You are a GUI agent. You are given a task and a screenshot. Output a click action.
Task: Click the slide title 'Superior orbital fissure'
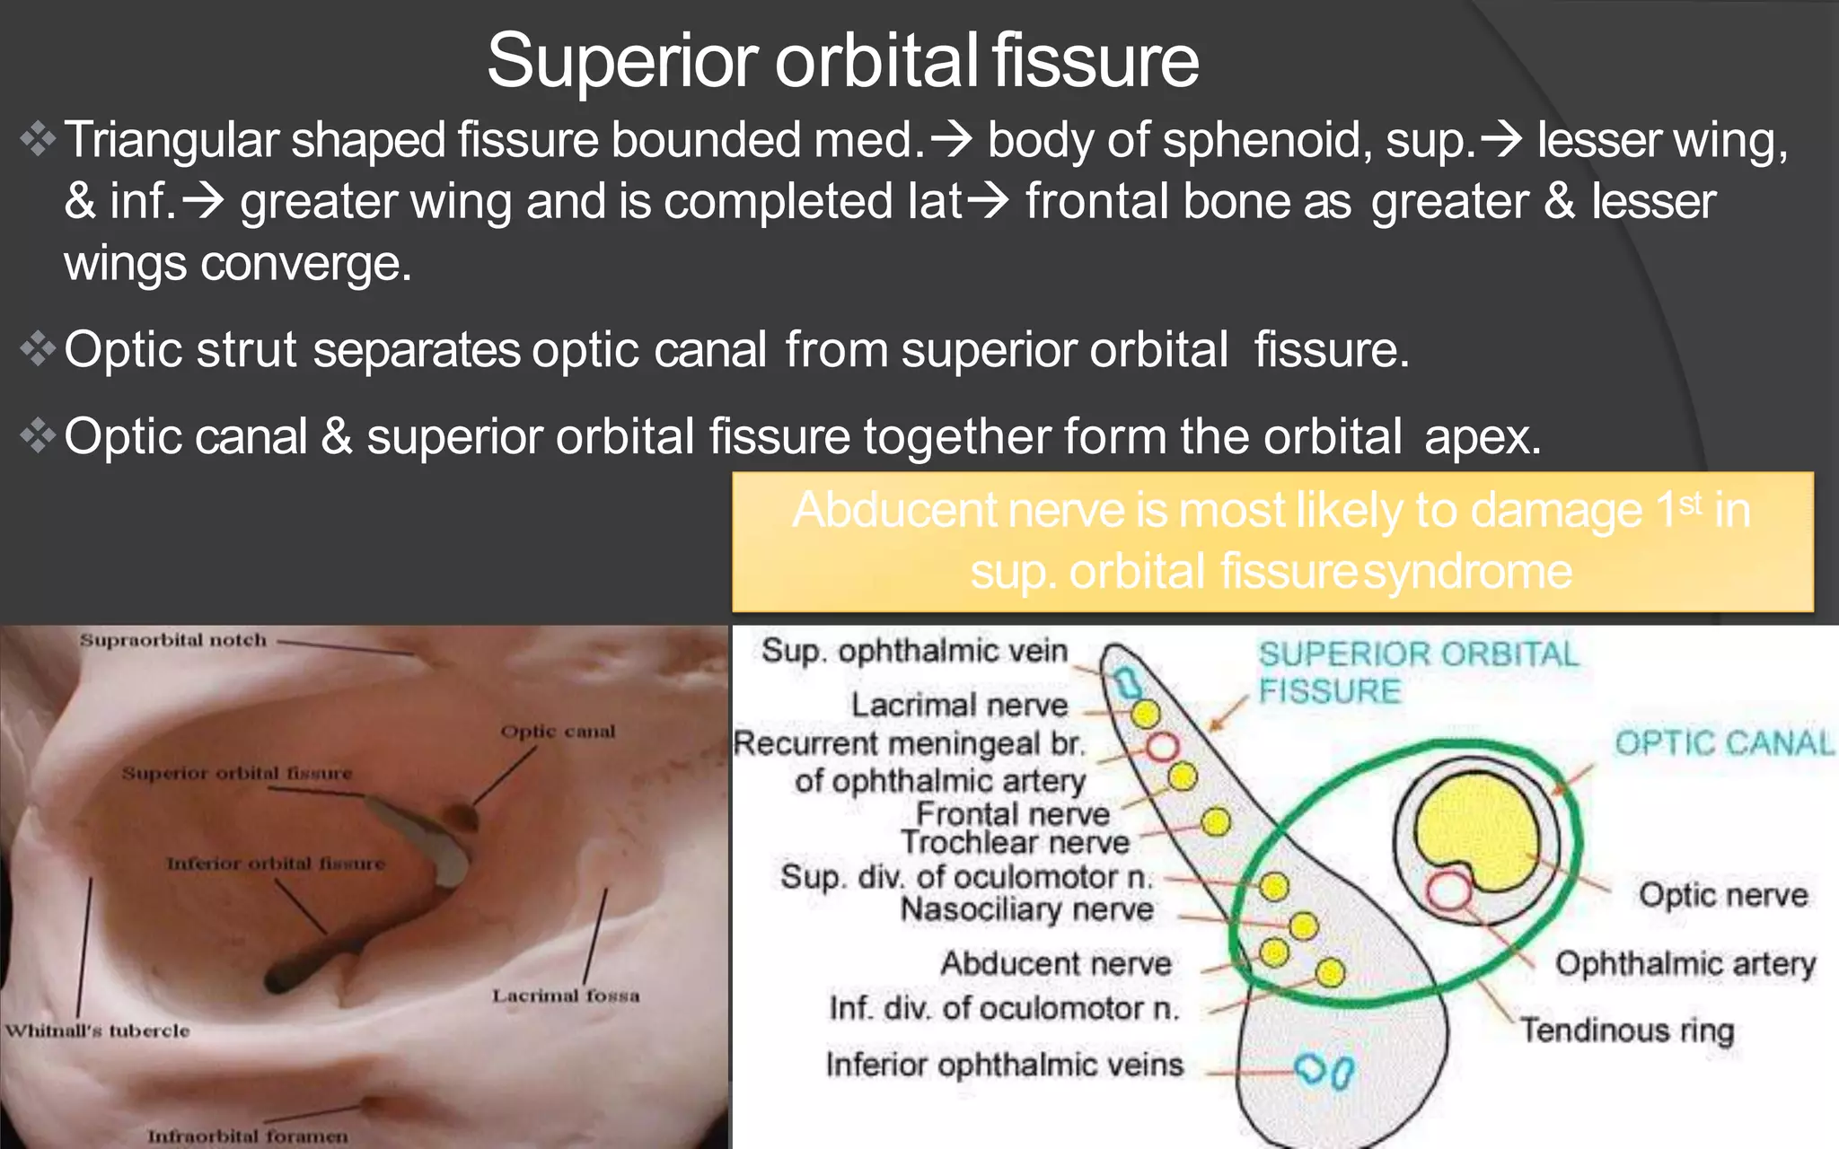tap(842, 61)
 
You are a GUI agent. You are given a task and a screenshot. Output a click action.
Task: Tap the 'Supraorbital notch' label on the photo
tap(173, 640)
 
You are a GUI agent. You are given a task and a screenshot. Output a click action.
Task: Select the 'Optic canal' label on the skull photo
tap(558, 732)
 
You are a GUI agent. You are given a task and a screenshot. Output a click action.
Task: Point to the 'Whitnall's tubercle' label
tap(98, 1031)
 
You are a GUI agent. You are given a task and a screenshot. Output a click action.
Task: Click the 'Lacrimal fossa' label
tap(566, 996)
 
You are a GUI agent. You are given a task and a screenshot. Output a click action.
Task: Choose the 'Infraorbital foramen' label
tap(248, 1136)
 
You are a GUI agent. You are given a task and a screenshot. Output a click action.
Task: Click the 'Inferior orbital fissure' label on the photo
tap(276, 864)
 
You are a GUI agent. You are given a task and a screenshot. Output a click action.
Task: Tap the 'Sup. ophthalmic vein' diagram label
tap(914, 650)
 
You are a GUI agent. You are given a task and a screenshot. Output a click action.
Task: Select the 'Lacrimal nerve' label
tap(959, 705)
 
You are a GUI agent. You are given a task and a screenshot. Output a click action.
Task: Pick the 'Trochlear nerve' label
tap(1015, 842)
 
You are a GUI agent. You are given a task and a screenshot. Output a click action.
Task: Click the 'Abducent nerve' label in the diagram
tap(1056, 963)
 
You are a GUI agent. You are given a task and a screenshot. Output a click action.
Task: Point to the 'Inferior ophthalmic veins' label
tap(1005, 1065)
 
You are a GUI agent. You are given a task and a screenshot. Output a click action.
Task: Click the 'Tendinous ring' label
tap(1626, 1030)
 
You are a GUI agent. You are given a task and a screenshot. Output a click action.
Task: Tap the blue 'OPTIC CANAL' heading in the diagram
tap(1723, 742)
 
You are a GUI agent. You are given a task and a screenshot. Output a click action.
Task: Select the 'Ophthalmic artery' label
tap(1685, 963)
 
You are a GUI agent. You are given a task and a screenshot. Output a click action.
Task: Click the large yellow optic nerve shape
tap(1476, 826)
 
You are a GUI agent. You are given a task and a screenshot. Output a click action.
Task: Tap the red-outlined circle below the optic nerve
tap(1448, 891)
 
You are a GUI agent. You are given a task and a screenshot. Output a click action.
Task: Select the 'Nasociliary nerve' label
tap(1026, 909)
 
